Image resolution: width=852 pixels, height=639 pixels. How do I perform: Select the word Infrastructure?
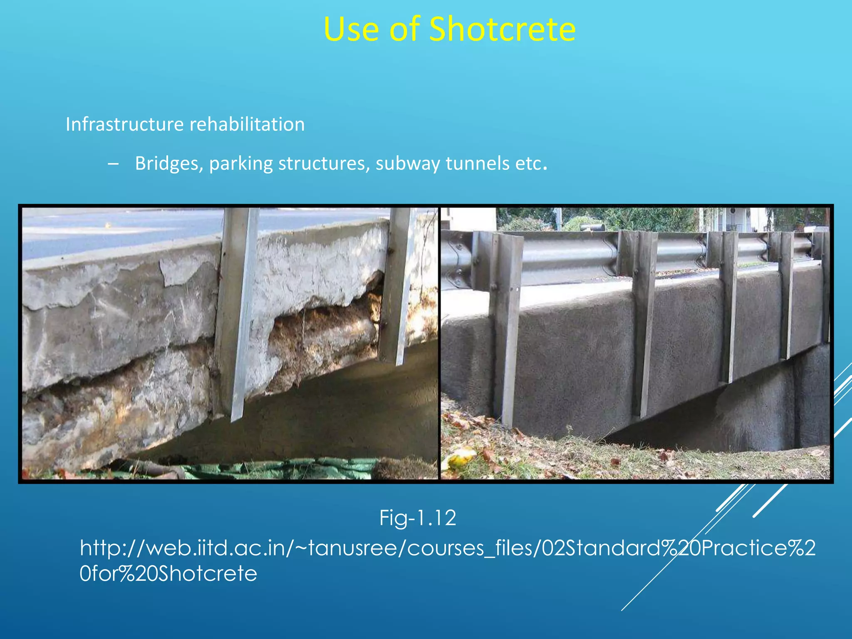(124, 124)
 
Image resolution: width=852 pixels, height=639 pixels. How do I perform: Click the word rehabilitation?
(247, 124)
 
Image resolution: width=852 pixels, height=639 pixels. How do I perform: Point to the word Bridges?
(169, 163)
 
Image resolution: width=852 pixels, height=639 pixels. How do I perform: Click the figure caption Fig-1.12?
(418, 518)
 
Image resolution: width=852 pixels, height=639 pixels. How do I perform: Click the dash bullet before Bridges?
(112, 164)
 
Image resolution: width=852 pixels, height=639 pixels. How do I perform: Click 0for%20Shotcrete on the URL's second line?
(168, 574)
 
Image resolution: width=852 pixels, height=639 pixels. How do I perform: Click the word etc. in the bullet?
(531, 163)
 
